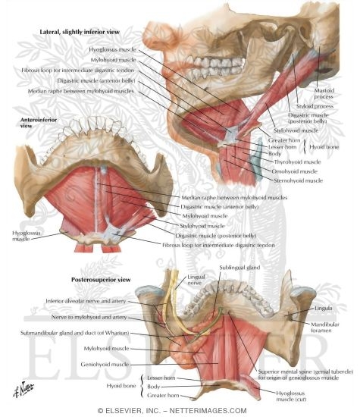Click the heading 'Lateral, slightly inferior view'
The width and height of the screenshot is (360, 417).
click(x=80, y=32)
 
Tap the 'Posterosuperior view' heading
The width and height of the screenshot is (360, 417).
click(x=101, y=280)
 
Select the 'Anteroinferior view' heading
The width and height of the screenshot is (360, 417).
click(x=39, y=123)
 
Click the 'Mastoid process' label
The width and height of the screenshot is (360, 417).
click(x=324, y=93)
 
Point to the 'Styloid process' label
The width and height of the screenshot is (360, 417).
click(x=315, y=106)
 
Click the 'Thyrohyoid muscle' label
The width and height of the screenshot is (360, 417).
click(x=297, y=162)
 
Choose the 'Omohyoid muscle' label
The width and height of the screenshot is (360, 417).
click(x=294, y=171)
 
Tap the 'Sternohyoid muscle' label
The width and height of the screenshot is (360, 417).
click(x=298, y=180)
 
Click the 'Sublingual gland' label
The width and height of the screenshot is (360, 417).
click(x=239, y=268)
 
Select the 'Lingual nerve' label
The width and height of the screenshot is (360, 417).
click(x=196, y=280)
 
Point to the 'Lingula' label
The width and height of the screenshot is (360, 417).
click(x=323, y=309)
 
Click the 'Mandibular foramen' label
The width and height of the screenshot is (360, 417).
click(x=325, y=328)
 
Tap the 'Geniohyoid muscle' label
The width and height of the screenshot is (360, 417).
click(x=105, y=365)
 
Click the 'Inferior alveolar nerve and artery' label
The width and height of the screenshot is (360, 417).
click(x=86, y=301)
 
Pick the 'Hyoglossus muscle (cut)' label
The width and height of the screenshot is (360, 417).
click(x=290, y=396)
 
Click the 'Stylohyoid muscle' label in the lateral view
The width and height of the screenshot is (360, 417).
click(x=296, y=130)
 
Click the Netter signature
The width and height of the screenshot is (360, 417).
click(x=23, y=389)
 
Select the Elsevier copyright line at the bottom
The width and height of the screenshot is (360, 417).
click(x=172, y=411)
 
